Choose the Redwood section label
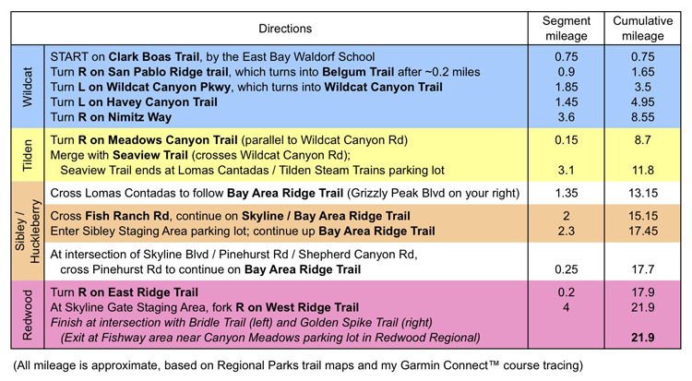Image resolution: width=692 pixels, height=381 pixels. click(28, 313)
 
